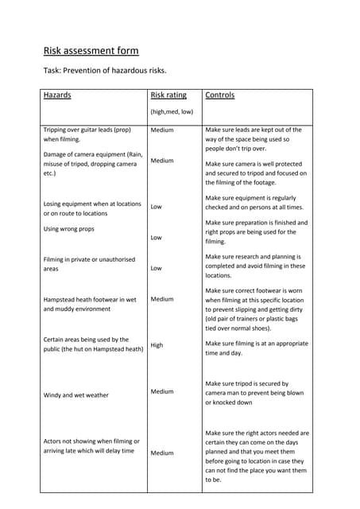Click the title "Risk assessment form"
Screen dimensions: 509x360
(x=91, y=51)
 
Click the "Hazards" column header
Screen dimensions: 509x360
(x=57, y=95)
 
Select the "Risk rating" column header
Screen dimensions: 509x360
(x=168, y=95)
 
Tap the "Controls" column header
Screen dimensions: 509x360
(x=220, y=95)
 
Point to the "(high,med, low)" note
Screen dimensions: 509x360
(x=172, y=112)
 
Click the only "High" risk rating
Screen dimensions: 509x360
(x=157, y=345)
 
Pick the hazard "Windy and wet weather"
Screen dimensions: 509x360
(x=76, y=394)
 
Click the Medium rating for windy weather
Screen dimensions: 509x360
(x=162, y=391)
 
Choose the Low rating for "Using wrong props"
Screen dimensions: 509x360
(x=157, y=238)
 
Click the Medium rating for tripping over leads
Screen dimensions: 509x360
(x=162, y=129)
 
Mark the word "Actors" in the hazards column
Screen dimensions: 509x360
(x=55, y=441)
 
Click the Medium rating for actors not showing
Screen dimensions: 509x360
(x=162, y=453)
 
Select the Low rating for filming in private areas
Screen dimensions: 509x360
(x=157, y=268)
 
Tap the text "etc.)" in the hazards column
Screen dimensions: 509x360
(x=50, y=173)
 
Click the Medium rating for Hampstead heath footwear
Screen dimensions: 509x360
(x=162, y=299)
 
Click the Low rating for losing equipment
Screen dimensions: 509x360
(x=157, y=207)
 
